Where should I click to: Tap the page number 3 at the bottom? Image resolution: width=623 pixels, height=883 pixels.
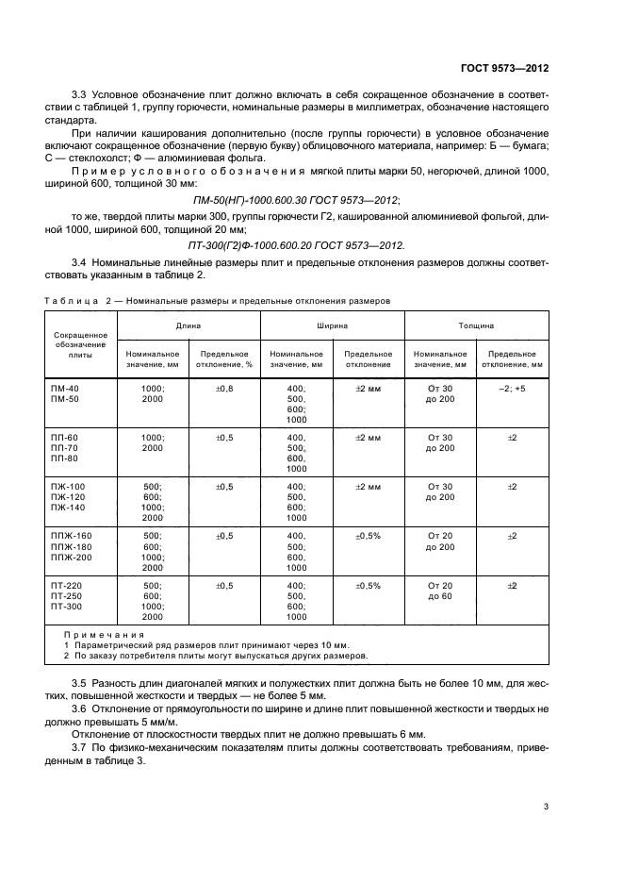[x=546, y=806]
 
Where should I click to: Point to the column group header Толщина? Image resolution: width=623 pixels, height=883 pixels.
[x=476, y=325]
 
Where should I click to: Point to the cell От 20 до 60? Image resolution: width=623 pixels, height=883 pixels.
[x=440, y=591]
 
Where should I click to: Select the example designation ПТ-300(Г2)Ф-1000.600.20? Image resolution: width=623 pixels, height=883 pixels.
[x=298, y=245]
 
